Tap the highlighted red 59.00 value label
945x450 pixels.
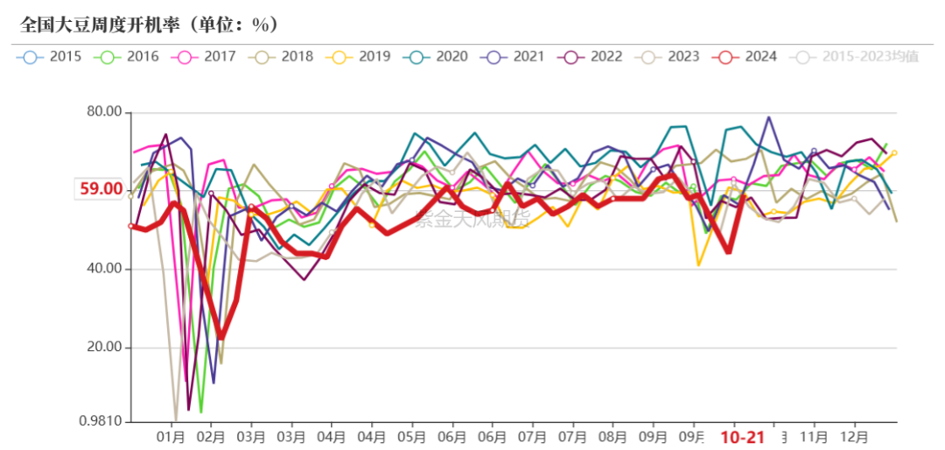click(101, 188)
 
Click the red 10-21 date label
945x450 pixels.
click(742, 437)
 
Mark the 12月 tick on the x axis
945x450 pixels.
click(854, 436)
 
